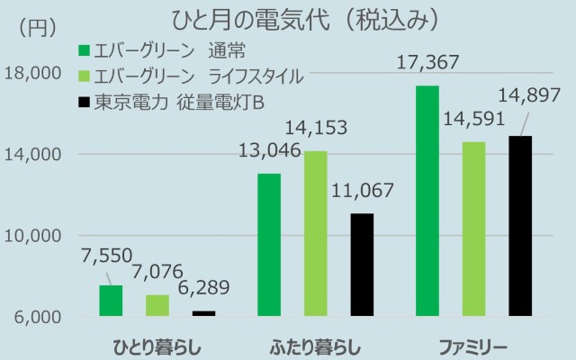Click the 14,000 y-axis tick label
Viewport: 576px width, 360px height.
click(32, 154)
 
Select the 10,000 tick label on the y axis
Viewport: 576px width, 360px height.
click(32, 236)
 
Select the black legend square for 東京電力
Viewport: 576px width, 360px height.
click(85, 102)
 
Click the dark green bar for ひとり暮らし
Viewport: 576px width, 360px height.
click(111, 301)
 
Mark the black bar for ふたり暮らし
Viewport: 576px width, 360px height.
click(362, 265)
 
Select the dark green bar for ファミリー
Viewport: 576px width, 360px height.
click(427, 201)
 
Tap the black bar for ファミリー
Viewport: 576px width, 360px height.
click(520, 226)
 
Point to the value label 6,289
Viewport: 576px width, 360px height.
click(204, 288)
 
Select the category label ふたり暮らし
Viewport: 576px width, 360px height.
click(315, 346)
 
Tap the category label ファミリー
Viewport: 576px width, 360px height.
click(472, 346)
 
